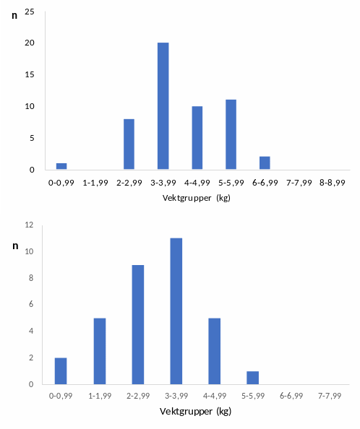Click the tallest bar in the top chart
coord(163,106)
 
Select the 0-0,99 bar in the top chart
coord(61,167)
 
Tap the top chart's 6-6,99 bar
coord(265,163)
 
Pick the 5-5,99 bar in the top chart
coord(231,135)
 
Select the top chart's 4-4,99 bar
coord(197,138)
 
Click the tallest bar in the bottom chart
coord(176,311)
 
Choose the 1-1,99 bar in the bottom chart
coord(99,351)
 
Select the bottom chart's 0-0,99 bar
coord(61,370)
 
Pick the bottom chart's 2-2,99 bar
coord(138,325)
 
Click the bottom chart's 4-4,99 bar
coord(215,351)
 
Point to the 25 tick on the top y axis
coord(30,12)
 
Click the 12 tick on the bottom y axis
coord(30,225)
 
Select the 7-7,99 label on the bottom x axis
coord(331,396)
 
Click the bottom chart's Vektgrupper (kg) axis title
coord(197,412)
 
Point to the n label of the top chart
coord(14,14)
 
